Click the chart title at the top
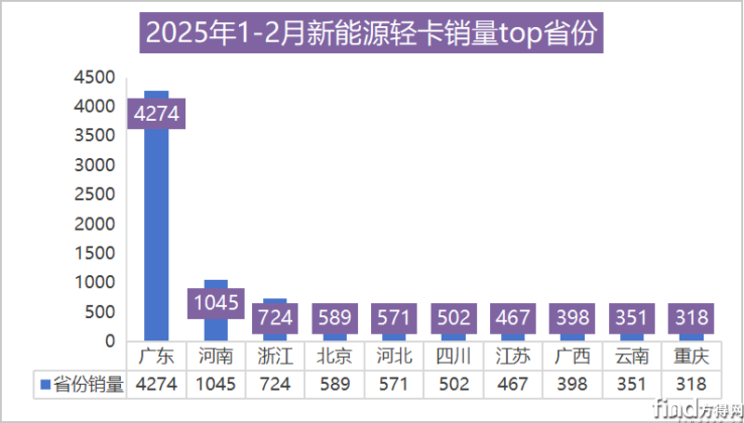pos(372,36)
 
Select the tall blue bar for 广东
pos(156,232)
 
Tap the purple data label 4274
pos(156,114)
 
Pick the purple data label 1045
pos(216,302)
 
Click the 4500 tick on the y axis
pos(96,77)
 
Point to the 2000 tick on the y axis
pos(96,224)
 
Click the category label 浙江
pos(275,356)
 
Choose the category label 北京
pos(335,356)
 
